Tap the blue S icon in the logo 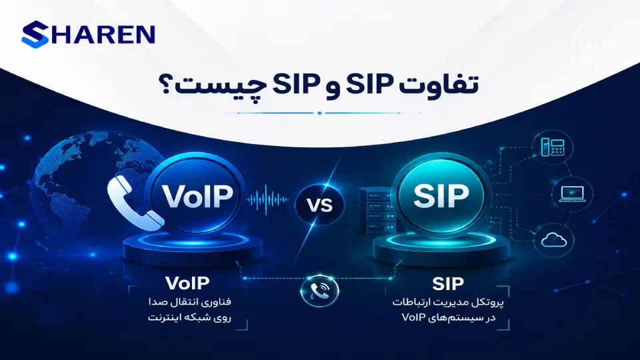[35, 34]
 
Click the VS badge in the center [319, 205]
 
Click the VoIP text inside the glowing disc [197, 196]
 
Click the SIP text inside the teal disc [441, 195]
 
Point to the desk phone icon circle [553, 147]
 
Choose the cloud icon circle [554, 240]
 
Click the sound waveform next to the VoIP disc [267, 199]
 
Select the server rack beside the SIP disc [375, 211]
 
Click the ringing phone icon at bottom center [320, 291]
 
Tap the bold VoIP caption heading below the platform [187, 283]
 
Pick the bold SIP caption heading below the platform [448, 284]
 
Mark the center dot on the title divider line [319, 113]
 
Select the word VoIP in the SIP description [413, 317]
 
